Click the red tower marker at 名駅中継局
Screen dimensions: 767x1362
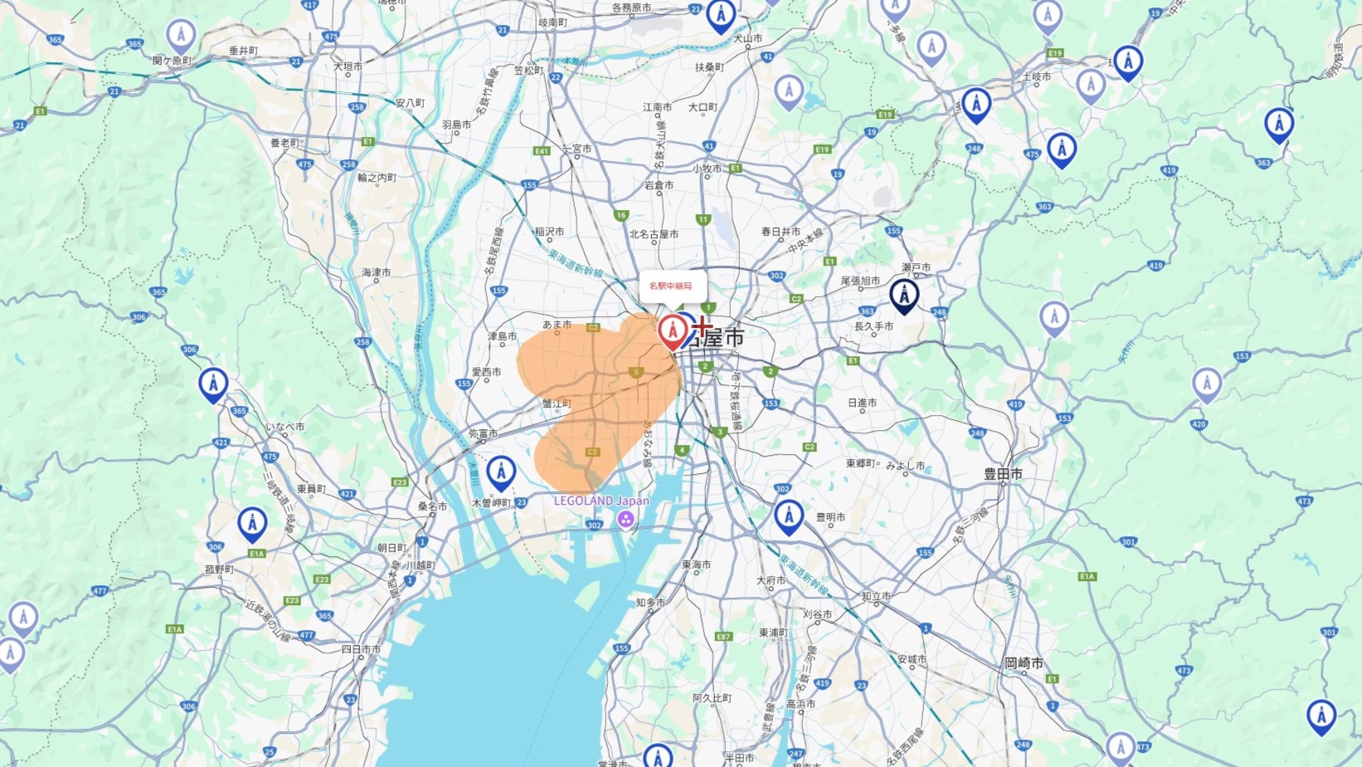click(x=673, y=331)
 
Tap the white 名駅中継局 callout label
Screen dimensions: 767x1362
click(x=672, y=286)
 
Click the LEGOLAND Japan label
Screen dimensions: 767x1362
click(x=601, y=501)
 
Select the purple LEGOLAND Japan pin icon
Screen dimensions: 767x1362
click(x=625, y=520)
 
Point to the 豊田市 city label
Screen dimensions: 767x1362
click(x=1003, y=474)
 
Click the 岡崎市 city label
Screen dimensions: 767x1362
click(x=1024, y=663)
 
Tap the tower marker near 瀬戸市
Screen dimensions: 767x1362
click(x=904, y=295)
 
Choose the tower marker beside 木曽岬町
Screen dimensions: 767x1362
click(x=501, y=472)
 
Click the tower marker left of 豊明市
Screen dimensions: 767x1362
click(x=789, y=515)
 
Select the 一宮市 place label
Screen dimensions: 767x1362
click(x=577, y=149)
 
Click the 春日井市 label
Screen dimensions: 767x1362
click(x=781, y=232)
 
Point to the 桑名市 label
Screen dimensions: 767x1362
click(x=432, y=506)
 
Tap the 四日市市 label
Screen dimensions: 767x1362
click(x=362, y=649)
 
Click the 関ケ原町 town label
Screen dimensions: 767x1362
click(x=172, y=61)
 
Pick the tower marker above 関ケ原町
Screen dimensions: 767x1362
click(x=181, y=35)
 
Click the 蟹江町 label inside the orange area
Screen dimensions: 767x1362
click(x=557, y=403)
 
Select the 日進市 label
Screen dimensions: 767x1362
click(x=862, y=403)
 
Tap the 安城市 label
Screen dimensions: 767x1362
click(x=912, y=659)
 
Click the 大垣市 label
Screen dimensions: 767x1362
click(x=348, y=66)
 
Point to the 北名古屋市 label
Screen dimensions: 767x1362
click(x=654, y=234)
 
